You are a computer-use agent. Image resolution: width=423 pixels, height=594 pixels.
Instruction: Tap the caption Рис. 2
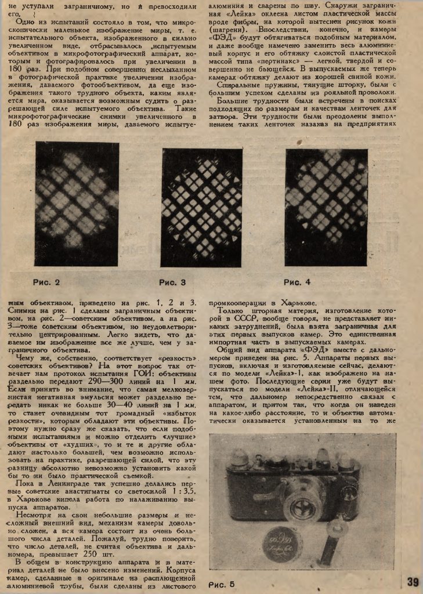(x=46, y=282)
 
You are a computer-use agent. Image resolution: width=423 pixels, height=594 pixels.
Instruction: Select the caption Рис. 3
(x=172, y=282)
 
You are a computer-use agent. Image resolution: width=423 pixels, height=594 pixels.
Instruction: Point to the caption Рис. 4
(x=297, y=282)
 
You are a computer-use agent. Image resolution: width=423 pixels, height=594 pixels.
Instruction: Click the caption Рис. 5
(x=220, y=584)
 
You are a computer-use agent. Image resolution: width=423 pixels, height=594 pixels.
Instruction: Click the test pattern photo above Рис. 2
(x=77, y=204)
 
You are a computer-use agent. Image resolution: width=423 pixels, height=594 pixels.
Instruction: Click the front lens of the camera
(x=302, y=509)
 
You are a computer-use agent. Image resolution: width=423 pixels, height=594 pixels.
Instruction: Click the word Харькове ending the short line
(x=298, y=302)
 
